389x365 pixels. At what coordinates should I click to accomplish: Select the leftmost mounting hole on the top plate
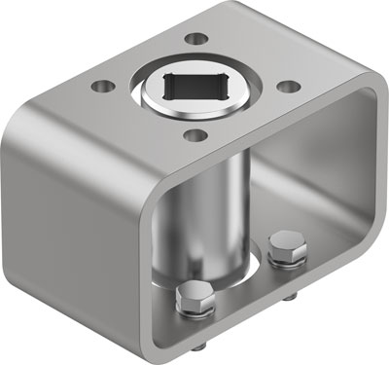click(100, 87)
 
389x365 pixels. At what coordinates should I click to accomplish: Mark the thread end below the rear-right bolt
click(293, 290)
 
